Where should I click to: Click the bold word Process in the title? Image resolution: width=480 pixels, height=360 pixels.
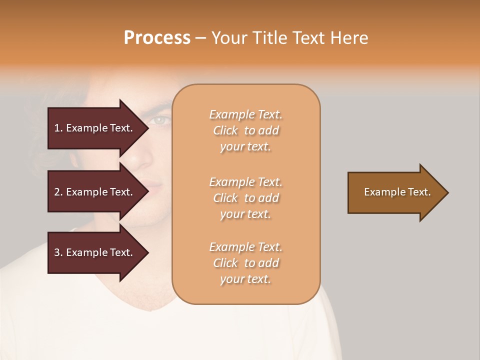(157, 38)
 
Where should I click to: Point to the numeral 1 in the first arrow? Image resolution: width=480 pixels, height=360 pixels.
(57, 128)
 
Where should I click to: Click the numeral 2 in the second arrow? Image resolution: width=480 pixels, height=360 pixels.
(57, 192)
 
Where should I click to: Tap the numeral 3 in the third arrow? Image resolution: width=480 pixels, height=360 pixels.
(57, 252)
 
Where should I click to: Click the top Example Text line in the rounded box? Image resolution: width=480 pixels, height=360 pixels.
(245, 114)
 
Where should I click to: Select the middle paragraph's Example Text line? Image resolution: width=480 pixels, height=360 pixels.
(245, 182)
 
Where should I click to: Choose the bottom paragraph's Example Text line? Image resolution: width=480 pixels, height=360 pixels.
(245, 247)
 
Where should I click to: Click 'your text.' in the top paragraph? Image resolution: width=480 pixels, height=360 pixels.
(245, 147)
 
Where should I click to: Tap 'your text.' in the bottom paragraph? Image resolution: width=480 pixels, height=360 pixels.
(245, 279)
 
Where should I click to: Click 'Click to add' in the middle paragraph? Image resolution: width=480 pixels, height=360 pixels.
(245, 198)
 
